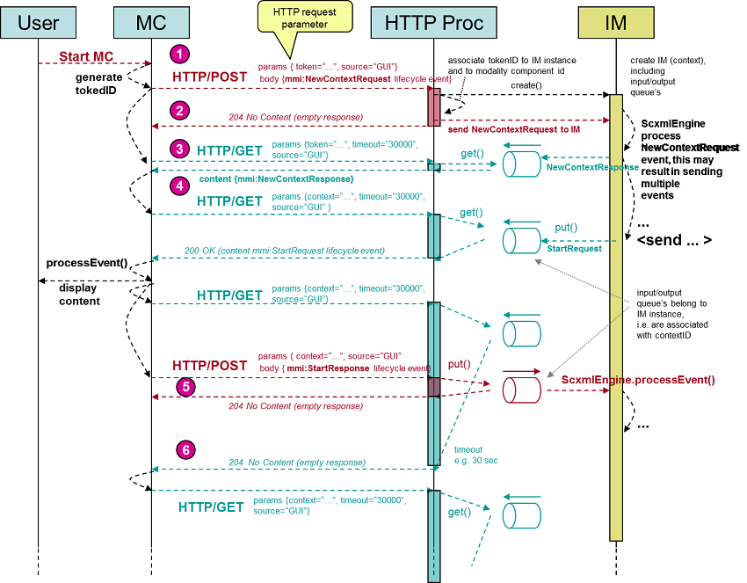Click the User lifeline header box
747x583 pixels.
[38, 23]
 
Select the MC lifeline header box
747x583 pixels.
[150, 23]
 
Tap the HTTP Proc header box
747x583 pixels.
[433, 23]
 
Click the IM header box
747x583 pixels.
[615, 23]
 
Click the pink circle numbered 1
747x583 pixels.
[180, 55]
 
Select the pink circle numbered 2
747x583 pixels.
[180, 111]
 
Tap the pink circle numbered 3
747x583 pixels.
[180, 149]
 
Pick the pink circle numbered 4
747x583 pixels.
[180, 187]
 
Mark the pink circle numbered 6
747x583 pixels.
[185, 450]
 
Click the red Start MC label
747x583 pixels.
[84, 57]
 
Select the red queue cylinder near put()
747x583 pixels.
[519, 389]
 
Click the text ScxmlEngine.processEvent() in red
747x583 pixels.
[638, 381]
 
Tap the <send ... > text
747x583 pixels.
[674, 239]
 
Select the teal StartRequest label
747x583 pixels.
[574, 249]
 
